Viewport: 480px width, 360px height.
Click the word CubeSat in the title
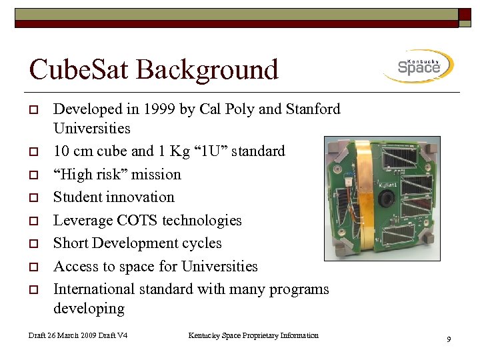coord(79,70)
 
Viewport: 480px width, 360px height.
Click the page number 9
coord(449,340)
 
